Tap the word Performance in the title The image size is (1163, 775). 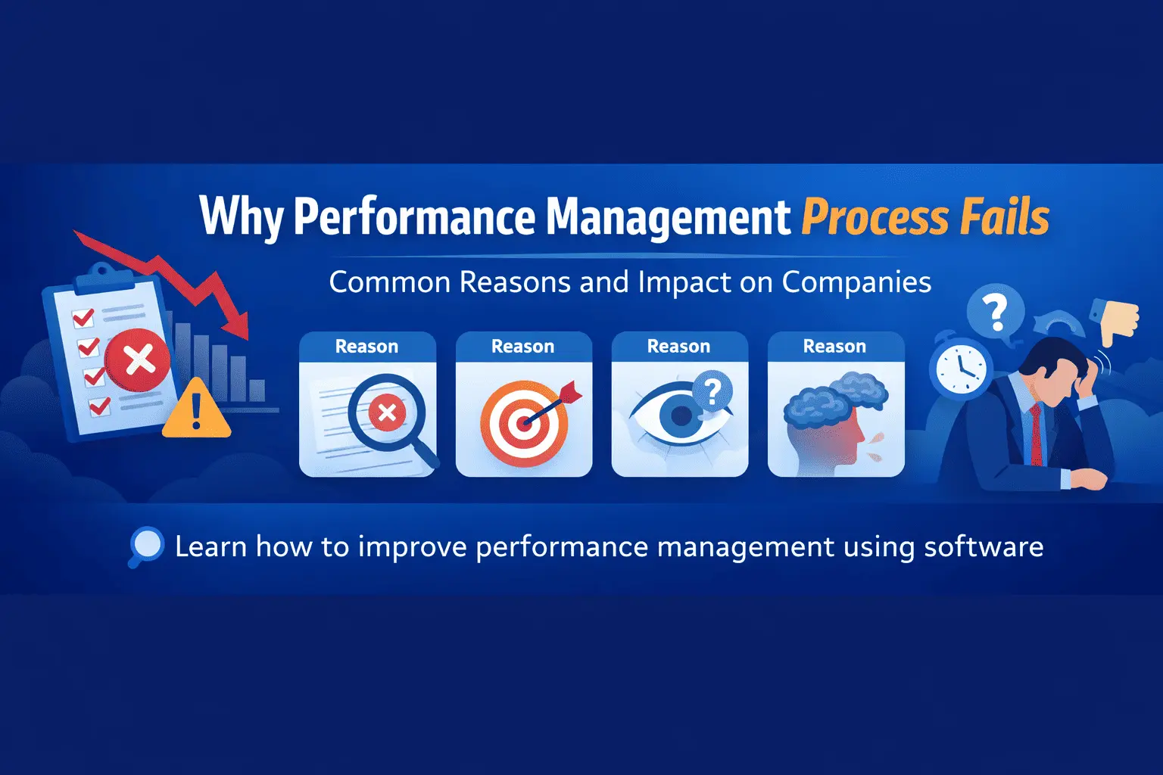point(413,217)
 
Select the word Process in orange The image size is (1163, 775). point(874,218)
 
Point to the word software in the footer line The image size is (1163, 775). point(984,546)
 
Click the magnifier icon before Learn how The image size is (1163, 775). point(145,546)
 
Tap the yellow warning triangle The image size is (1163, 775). point(196,411)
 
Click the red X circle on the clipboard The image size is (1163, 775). point(138,360)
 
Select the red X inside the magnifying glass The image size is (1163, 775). point(387,413)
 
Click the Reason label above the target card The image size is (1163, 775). point(523,347)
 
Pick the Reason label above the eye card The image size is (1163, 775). point(679,347)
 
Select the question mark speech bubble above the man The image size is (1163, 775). point(996,311)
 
